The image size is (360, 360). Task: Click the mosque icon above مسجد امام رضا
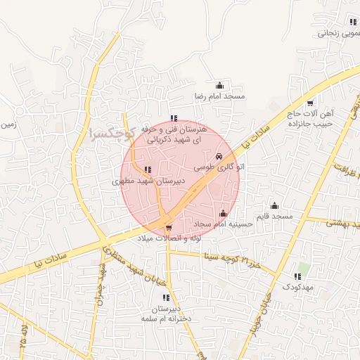[x=220, y=85]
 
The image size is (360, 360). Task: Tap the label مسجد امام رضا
[x=219, y=96]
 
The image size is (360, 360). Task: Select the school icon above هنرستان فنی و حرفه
[x=174, y=118]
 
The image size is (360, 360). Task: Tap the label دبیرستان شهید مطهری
[x=148, y=181]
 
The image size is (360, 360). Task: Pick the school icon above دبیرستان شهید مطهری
[x=148, y=169]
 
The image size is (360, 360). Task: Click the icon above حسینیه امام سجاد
[x=224, y=213]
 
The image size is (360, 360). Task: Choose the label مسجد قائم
[x=274, y=217]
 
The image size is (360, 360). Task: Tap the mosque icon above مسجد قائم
[x=274, y=205]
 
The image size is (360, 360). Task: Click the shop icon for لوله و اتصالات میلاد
[x=169, y=228]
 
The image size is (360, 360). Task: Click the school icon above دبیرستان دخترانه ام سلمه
[x=166, y=298]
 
